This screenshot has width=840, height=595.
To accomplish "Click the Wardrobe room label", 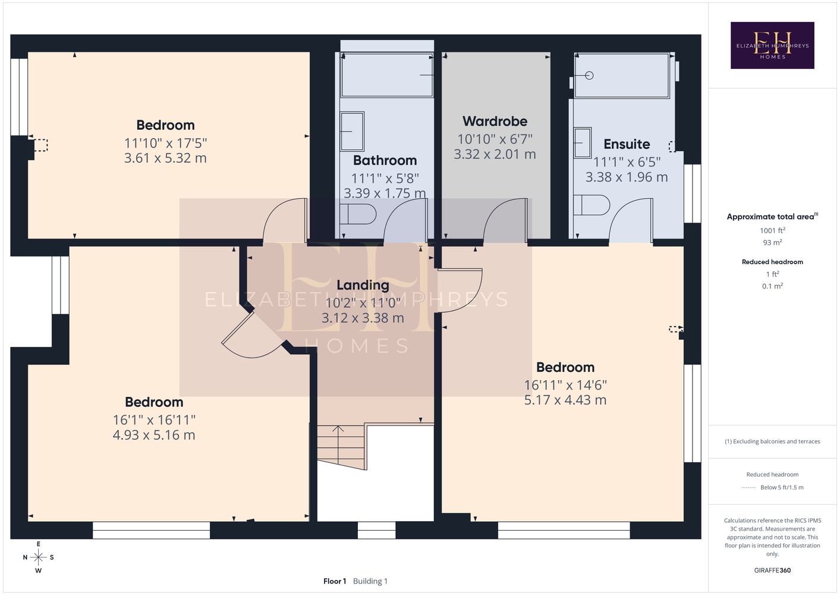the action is pyautogui.click(x=495, y=121).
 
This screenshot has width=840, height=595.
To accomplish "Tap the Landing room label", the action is pyautogui.click(x=363, y=285).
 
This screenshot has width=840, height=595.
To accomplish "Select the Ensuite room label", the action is pyautogui.click(x=627, y=144).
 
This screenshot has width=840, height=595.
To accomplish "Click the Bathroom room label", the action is pyautogui.click(x=385, y=161).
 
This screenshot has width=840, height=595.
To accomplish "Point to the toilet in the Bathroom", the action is pyautogui.click(x=358, y=214).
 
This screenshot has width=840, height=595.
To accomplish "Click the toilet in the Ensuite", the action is pyautogui.click(x=592, y=205).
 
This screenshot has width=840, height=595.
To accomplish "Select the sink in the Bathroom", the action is pyautogui.click(x=352, y=131).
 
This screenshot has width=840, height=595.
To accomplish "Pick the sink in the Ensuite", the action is pyautogui.click(x=583, y=143).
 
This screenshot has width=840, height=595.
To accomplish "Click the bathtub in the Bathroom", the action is pyautogui.click(x=387, y=75).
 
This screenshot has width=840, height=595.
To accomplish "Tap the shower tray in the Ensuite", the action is pyautogui.click(x=622, y=76).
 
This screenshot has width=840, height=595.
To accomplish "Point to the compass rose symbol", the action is pyautogui.click(x=38, y=558).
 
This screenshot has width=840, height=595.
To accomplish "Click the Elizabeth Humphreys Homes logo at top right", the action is pyautogui.click(x=772, y=45).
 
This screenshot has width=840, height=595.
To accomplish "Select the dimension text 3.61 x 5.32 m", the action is pyautogui.click(x=165, y=158).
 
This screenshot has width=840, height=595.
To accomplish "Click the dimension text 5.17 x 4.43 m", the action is pyautogui.click(x=565, y=400).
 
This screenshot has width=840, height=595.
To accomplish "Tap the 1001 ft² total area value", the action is pyautogui.click(x=772, y=230).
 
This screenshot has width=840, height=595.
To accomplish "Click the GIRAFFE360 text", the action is pyautogui.click(x=772, y=570).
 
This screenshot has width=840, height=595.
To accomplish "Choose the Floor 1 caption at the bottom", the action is pyautogui.click(x=335, y=581).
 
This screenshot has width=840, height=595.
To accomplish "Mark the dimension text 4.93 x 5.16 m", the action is pyautogui.click(x=154, y=435).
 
